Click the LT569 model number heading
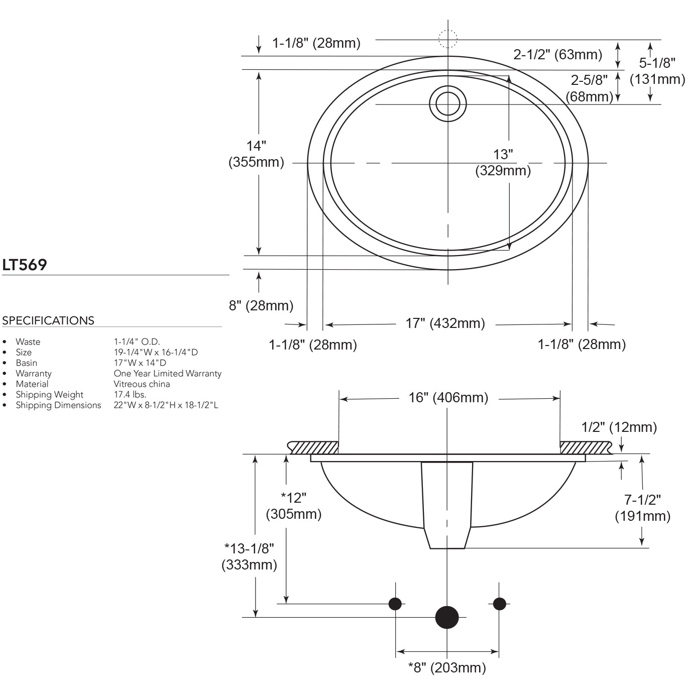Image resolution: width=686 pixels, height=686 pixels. click(x=25, y=265)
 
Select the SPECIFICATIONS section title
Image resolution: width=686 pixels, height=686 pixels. click(x=48, y=320)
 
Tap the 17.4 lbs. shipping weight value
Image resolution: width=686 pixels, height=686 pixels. click(x=130, y=394)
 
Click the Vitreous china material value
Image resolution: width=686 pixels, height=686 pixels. click(x=142, y=384)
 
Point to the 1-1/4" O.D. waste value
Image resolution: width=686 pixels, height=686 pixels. click(x=137, y=341)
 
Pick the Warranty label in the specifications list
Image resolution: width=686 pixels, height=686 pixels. click(x=33, y=373)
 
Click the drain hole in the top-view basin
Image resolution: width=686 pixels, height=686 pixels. click(x=447, y=104)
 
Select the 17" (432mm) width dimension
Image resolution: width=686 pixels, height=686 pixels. click(x=445, y=323)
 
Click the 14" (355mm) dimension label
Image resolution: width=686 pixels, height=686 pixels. click(x=256, y=154)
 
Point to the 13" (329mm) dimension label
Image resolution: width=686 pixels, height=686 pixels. click(x=503, y=162)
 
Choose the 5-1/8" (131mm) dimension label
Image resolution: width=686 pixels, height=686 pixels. click(x=657, y=71)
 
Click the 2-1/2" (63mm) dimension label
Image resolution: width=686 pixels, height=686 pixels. click(x=557, y=54)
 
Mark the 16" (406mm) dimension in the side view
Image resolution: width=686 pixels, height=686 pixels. click(x=448, y=397)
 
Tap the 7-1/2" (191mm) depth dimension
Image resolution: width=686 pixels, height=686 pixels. click(x=642, y=508)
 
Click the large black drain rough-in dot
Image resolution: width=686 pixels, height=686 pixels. click(x=447, y=617)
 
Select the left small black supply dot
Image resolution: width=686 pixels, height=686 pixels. click(x=395, y=604)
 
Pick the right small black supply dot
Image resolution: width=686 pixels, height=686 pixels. click(x=499, y=604)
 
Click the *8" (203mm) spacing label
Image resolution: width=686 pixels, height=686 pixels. click(x=446, y=667)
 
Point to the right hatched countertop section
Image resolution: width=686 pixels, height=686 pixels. click(x=585, y=447)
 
